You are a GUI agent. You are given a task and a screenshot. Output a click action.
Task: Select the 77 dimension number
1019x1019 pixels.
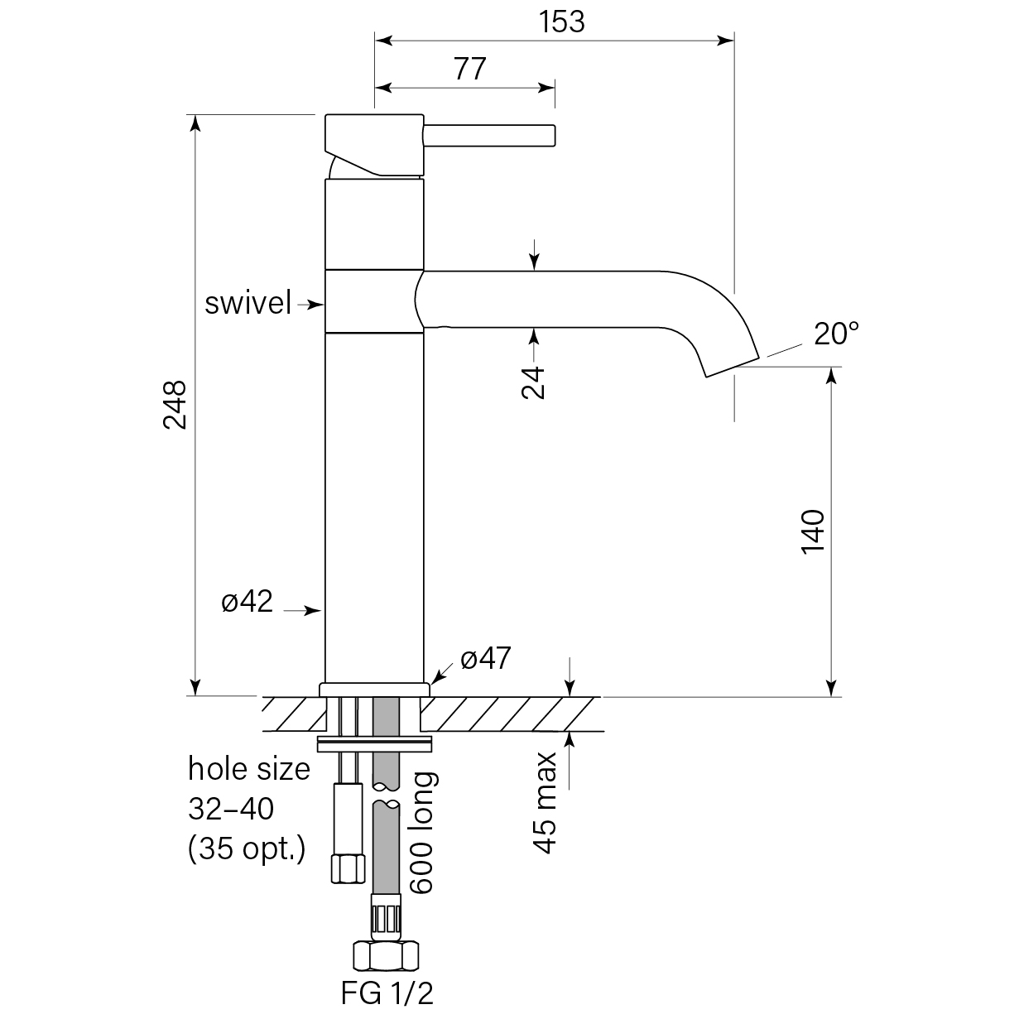coord(469,69)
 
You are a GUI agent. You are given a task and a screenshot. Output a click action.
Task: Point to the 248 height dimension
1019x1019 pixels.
coord(175,405)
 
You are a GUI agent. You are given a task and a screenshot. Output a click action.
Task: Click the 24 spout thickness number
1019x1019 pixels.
coord(536,382)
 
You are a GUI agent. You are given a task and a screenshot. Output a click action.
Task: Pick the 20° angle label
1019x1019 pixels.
coord(836,334)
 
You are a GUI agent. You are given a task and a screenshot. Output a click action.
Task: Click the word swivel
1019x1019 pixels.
coord(248,304)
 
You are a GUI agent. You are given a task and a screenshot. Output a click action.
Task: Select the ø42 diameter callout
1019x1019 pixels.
coord(247,602)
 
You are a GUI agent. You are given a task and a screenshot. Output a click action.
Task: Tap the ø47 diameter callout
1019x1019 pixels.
coord(486,659)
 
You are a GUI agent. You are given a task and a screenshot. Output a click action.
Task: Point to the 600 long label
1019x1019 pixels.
coord(422,833)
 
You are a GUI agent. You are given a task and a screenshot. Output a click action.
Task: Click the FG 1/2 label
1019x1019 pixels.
coord(387,993)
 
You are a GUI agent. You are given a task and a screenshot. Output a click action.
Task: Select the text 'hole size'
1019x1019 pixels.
coord(249,769)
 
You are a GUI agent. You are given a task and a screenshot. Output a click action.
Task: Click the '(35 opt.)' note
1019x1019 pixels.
coord(247,848)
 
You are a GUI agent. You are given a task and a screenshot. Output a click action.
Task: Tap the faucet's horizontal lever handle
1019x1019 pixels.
coord(489,135)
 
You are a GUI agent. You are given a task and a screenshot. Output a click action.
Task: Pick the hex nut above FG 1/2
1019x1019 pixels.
coord(385,957)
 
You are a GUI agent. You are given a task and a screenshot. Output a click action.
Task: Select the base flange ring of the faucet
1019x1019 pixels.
coord(374,689)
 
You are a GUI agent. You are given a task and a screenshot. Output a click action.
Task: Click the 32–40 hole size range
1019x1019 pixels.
coord(230,809)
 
